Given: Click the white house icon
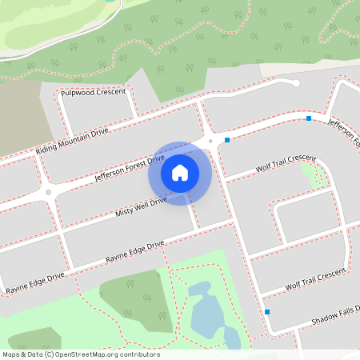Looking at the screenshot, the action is point(180,172).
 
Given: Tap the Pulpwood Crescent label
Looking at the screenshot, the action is point(93,93).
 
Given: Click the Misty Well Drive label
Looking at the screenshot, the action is point(141,206).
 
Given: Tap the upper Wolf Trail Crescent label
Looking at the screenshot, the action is point(286,163).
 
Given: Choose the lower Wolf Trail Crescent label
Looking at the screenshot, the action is point(307,280).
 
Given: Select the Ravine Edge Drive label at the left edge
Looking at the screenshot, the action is point(34,281).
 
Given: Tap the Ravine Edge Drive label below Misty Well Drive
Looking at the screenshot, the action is point(134,252).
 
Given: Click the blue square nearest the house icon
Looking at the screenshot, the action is point(227,141).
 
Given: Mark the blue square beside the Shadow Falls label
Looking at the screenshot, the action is point(267,311).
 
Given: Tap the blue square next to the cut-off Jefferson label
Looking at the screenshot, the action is point(309,118).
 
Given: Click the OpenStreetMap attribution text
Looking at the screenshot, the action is point(81,354).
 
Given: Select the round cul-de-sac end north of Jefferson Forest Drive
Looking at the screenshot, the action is point(295,83).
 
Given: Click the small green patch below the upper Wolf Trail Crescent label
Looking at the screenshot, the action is point(319,176).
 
